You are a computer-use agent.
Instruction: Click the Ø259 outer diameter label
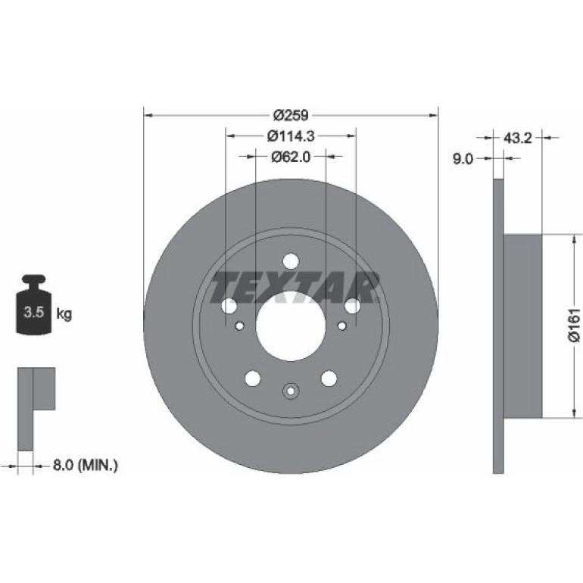pyautogui.click(x=291, y=115)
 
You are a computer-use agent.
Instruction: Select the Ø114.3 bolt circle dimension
pyautogui.click(x=291, y=136)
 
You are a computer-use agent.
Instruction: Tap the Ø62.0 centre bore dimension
pyautogui.click(x=291, y=157)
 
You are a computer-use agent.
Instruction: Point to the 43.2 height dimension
pyautogui.click(x=518, y=139)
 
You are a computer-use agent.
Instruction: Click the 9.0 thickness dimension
pyautogui.click(x=463, y=159)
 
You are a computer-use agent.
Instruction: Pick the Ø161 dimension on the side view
pyautogui.click(x=575, y=325)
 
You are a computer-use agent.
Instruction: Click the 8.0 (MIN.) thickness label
pyautogui.click(x=86, y=465)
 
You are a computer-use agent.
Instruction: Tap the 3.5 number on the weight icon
pyautogui.click(x=34, y=312)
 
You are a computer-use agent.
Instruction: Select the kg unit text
pyautogui.click(x=64, y=314)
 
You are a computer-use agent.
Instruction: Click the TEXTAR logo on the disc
pyautogui.click(x=295, y=287)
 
